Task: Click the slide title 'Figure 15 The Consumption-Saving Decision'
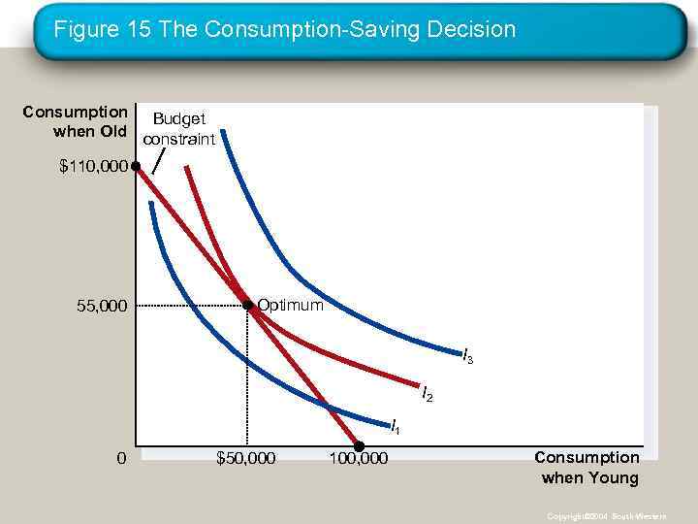pos(284,30)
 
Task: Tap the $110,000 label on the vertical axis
pos(93,167)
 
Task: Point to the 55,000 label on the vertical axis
pos(102,307)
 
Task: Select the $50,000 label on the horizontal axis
pos(245,457)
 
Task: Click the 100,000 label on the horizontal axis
pos(358,457)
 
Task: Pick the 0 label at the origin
pos(121,457)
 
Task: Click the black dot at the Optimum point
pos(248,306)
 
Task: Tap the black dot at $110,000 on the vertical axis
pos(137,167)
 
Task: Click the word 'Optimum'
pos(290,306)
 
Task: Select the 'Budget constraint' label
pos(178,129)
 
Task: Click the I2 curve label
pos(427,394)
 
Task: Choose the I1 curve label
pos(395,426)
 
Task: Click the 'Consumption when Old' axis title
pos(75,121)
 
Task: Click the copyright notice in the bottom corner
pos(605,516)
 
